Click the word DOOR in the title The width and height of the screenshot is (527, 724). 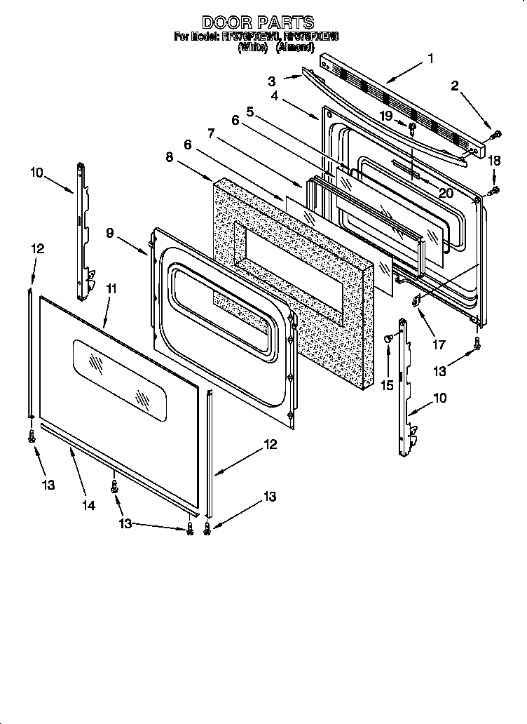222,23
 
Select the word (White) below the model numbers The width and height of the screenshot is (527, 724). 254,48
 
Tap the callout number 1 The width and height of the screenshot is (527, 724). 431,59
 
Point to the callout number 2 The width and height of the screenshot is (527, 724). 455,86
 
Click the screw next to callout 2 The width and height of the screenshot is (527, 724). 496,133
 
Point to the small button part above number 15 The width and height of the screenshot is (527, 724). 388,339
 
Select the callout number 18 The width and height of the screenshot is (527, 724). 494,161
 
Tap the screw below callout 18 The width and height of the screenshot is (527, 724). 494,190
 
